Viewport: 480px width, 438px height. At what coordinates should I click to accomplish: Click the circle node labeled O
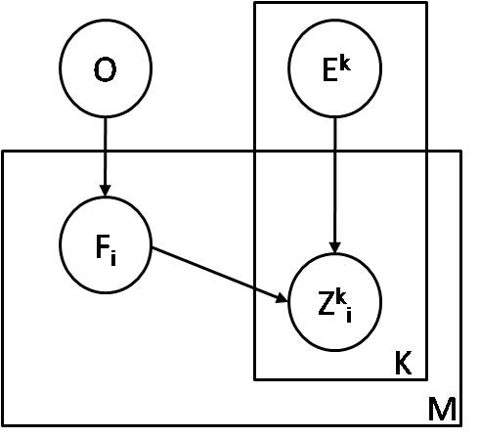(x=106, y=68)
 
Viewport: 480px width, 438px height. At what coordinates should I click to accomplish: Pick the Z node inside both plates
(x=334, y=302)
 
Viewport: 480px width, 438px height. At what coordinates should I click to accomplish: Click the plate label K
(x=403, y=364)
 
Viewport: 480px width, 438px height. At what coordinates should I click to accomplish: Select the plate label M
(x=441, y=410)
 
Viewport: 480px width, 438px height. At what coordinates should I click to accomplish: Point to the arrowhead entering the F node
(x=106, y=192)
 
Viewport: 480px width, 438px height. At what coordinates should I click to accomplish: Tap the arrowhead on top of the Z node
(x=334, y=248)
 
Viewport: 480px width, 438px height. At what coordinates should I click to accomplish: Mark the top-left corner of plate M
(x=3, y=152)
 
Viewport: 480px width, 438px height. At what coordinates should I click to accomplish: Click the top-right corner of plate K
(x=426, y=3)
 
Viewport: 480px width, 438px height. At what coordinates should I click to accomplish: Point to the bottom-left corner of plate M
(x=3, y=425)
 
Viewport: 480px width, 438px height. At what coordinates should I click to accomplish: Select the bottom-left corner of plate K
(x=255, y=378)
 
